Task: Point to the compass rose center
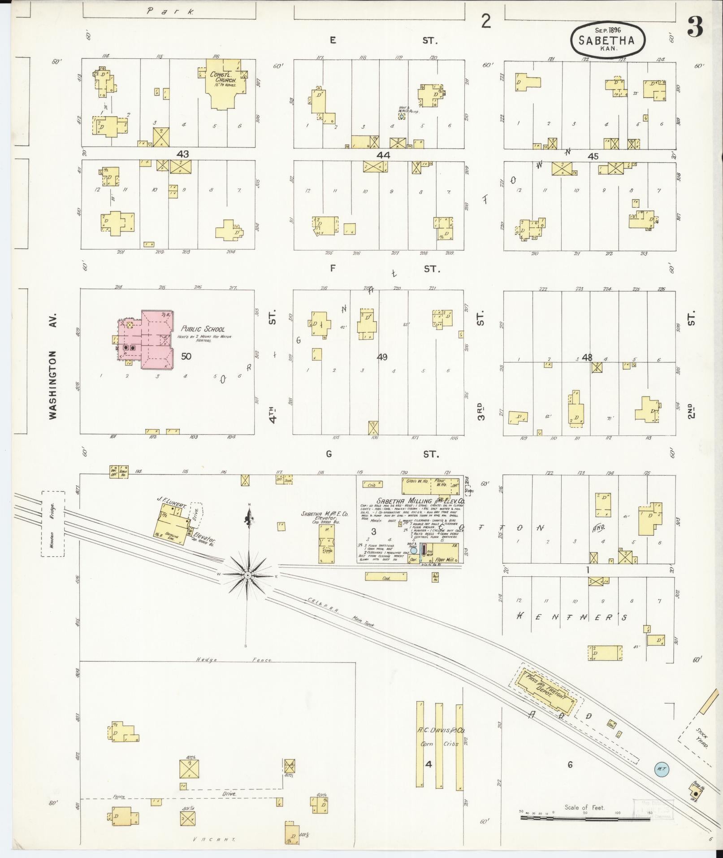click(247, 575)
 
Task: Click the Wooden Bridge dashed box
click(53, 524)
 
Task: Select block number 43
click(182, 154)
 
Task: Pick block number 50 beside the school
click(186, 356)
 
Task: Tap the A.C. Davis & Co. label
click(442, 730)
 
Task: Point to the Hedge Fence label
click(234, 660)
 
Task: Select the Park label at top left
click(170, 12)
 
